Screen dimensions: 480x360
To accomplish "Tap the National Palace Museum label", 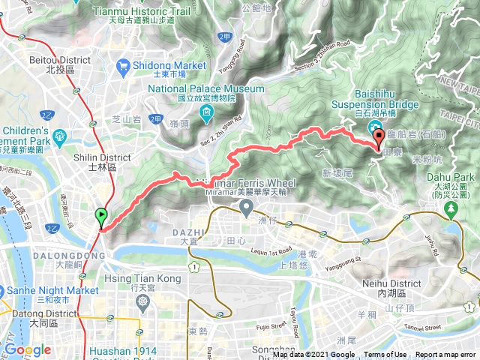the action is [206, 88].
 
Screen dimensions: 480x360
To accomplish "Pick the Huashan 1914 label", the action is [132, 350].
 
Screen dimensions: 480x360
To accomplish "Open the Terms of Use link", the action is [385, 355].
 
